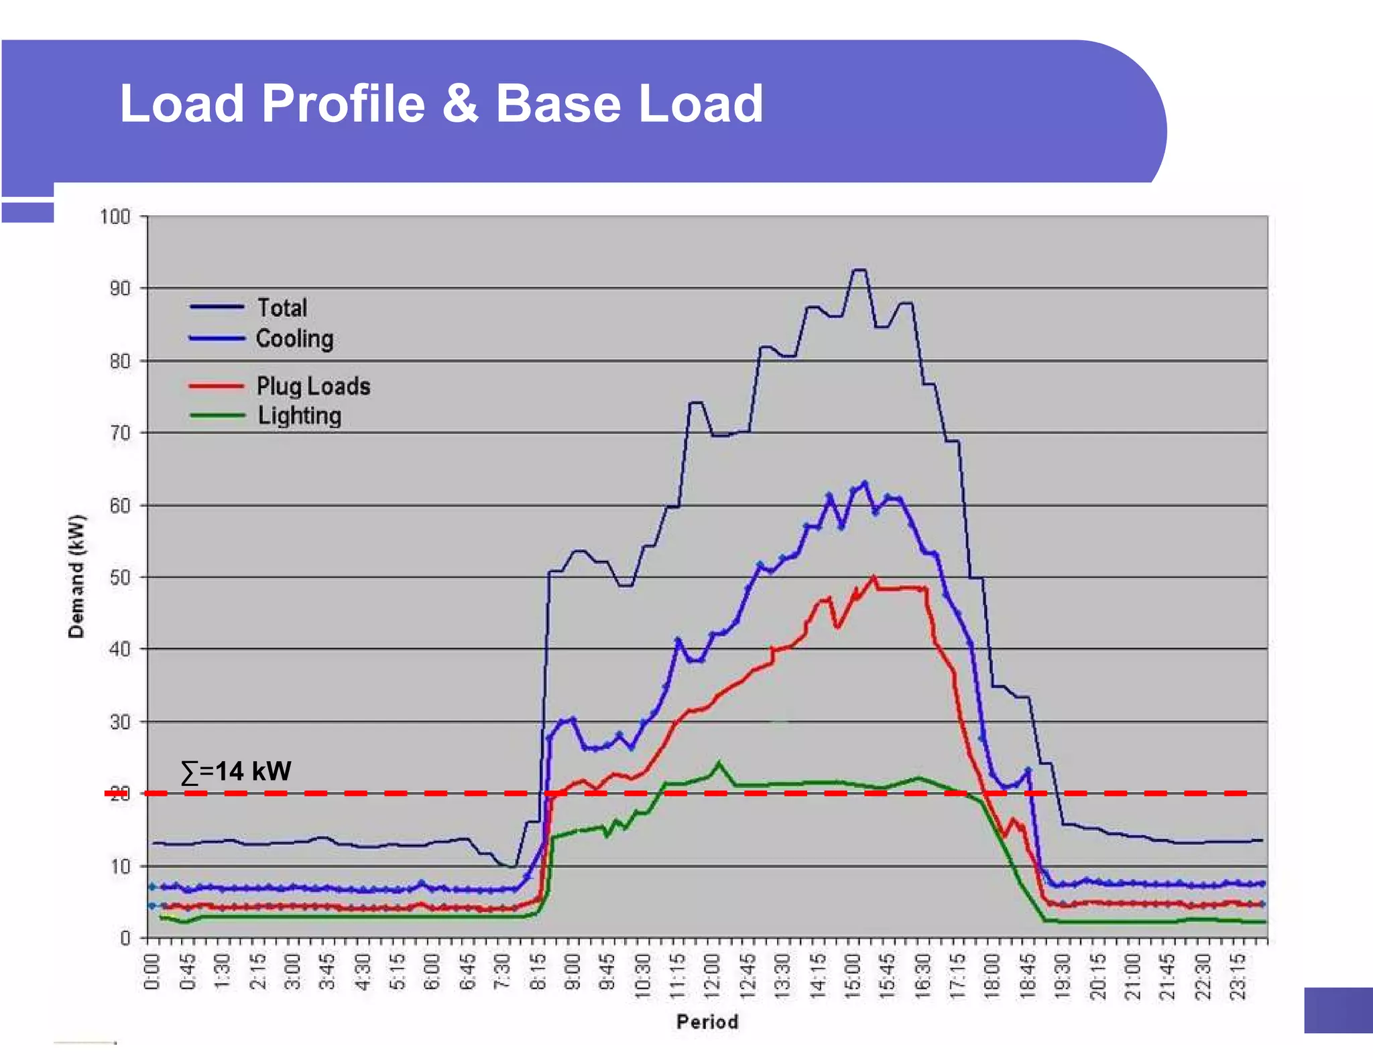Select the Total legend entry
(282, 308)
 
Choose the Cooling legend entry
(294, 338)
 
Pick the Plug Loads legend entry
(312, 386)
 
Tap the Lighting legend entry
(299, 415)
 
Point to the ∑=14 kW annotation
(236, 771)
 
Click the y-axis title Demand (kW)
(76, 576)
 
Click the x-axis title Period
(707, 1021)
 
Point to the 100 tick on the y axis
(115, 217)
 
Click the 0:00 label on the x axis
(152, 972)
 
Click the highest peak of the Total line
(859, 270)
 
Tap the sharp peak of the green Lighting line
(719, 763)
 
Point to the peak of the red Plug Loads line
(873, 577)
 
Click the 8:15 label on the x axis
(538, 972)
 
